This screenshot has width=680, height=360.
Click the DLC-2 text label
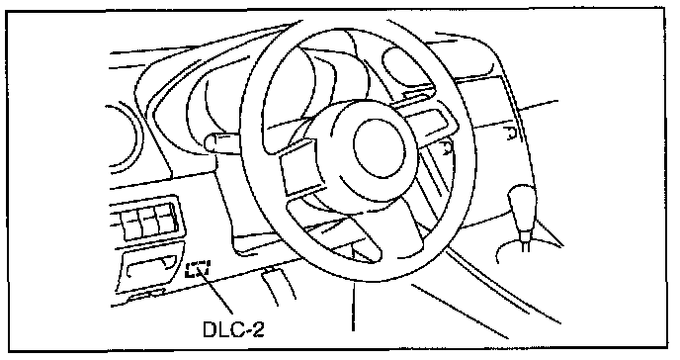pos(233,330)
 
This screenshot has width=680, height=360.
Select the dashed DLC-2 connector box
pos(198,268)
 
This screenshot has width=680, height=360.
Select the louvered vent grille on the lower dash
pos(147,219)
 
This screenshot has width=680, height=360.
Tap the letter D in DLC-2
pos(210,330)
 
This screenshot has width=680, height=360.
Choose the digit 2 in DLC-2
pos(258,329)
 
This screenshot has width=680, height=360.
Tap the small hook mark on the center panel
pos(510,134)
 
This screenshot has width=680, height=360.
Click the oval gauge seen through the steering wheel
pos(407,68)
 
